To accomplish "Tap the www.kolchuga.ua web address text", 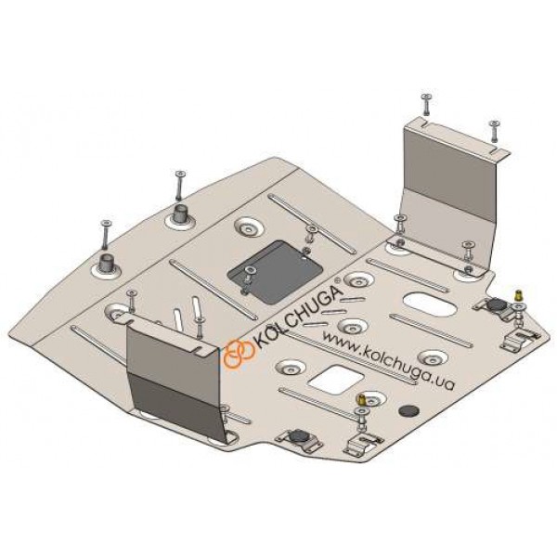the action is pyautogui.click(x=387, y=360).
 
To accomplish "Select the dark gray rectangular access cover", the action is pyautogui.click(x=275, y=272).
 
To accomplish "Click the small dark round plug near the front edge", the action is pyautogui.click(x=408, y=410).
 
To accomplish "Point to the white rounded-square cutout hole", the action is pyautogui.click(x=336, y=380).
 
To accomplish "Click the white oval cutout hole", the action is pyautogui.click(x=430, y=304).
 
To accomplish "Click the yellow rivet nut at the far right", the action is pyautogui.click(x=518, y=295).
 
